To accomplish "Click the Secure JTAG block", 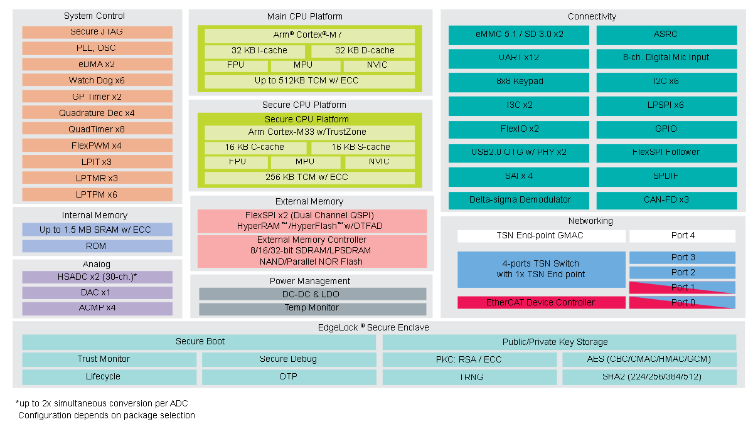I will pos(97,32).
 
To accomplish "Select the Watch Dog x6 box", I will pos(97,80).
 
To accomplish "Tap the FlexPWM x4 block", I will pos(97,145).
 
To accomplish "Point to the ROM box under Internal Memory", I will pos(97,246).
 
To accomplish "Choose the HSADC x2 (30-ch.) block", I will pos(97,277).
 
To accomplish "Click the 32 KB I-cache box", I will pos(255,51).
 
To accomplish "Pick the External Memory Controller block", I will pos(312,251).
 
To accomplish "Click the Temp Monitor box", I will pos(312,308).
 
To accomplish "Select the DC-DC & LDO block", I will pos(312,294).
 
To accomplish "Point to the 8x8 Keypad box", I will pos(519,82).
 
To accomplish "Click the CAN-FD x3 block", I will pos(666,200).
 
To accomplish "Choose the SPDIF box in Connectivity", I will pos(666,176).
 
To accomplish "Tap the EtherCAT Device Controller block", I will pos(541,302).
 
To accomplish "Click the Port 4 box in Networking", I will pos(683,236).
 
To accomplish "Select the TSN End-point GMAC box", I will pos(541,236).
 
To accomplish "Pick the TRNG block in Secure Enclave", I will pos(469,377).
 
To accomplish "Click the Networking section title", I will pos(590,221).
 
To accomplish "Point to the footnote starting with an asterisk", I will pos(102,403).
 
